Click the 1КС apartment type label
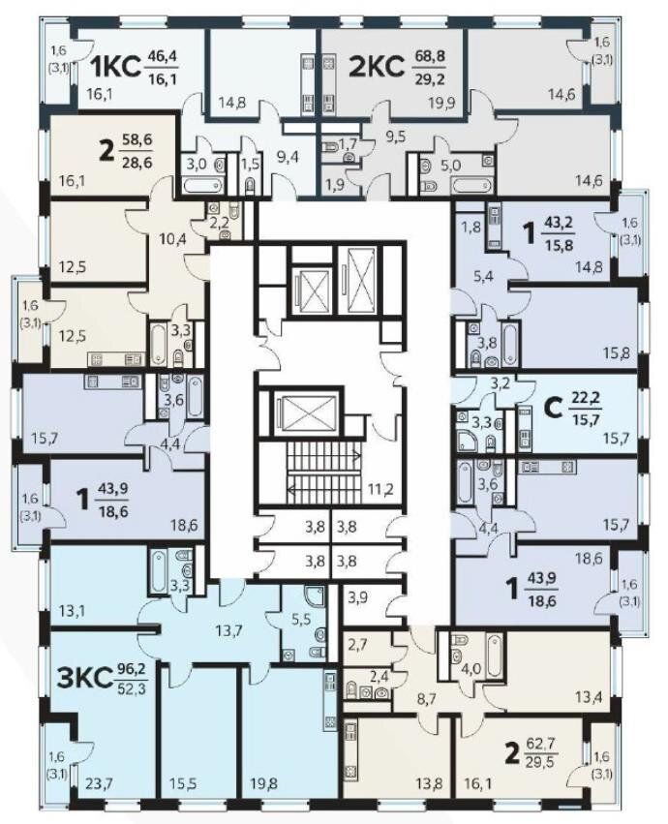(117, 67)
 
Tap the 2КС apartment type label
(377, 67)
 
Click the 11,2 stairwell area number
(380, 489)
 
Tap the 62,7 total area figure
(540, 745)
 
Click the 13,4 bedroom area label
(588, 698)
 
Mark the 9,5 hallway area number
(395, 137)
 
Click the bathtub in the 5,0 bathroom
(472, 186)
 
